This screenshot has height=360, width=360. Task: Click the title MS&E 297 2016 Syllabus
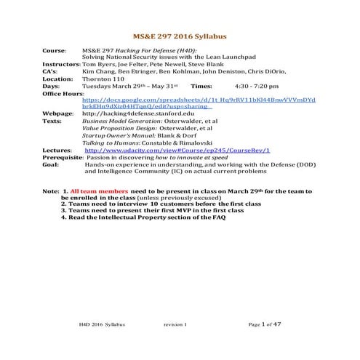click(180, 34)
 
